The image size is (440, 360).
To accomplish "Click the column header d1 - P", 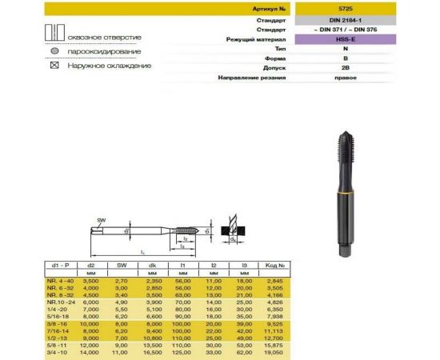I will tap(62, 265).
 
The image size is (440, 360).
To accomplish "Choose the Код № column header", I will tap(274, 265).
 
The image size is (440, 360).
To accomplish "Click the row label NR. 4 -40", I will tap(62, 281).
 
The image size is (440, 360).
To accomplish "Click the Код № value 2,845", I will tap(274, 281).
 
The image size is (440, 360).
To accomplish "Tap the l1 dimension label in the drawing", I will tap(143, 253).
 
